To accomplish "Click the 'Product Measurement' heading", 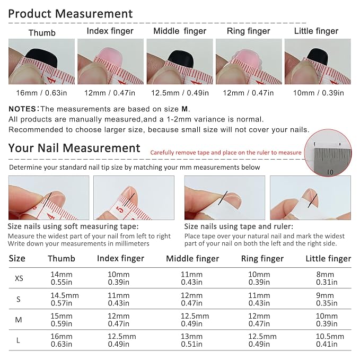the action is [71, 14].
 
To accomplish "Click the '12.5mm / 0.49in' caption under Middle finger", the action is [180, 93].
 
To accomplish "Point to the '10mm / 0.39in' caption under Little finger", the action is [319, 93].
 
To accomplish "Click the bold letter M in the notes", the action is [185, 109].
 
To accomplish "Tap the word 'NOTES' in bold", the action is [22, 109].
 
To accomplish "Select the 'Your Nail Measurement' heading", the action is [74, 148].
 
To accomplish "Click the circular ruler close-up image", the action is [328, 153].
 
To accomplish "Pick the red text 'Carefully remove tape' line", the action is [226, 153].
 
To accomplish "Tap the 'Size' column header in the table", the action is [17, 259].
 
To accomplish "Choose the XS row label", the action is [19, 278].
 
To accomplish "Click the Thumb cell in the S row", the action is [65, 299].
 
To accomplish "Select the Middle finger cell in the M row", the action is [195, 320].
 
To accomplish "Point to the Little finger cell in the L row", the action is [330, 340].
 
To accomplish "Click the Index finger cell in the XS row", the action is [119, 278].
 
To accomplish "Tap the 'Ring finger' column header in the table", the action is [262, 259].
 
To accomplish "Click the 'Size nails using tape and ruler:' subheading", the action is [239, 226].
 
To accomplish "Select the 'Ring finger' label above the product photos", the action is [249, 31].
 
